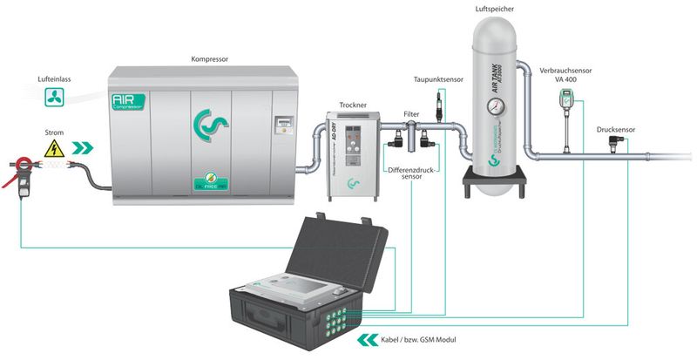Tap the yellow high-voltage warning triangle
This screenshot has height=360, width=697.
55,147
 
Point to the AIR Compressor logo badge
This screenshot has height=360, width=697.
128,106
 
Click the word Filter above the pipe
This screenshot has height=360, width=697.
411,113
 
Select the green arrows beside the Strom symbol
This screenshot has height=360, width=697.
85,147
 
